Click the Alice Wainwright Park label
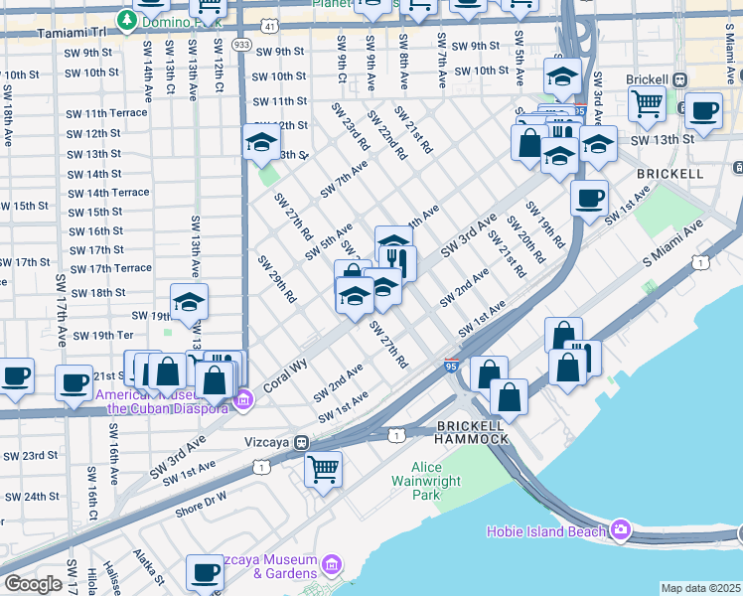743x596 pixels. point(439,481)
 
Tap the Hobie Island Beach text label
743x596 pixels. point(545,531)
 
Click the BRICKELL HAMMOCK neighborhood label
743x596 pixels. point(473,432)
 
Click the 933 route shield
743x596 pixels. point(241,46)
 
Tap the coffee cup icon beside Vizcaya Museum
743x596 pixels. point(206,572)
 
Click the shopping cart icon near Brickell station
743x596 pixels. point(648,102)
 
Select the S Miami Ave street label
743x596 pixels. point(673,244)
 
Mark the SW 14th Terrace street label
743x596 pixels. point(108,193)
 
